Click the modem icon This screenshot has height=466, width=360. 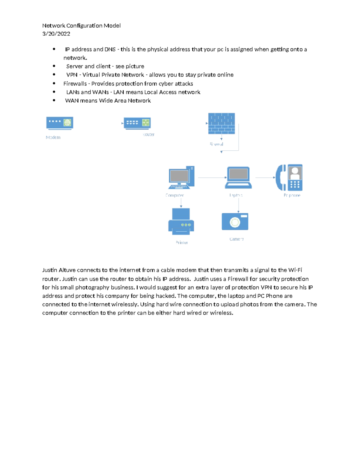click(59, 123)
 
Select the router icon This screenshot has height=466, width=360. click(137, 123)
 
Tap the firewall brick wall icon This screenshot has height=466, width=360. click(221, 123)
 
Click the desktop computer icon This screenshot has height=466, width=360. click(181, 178)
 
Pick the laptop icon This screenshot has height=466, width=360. click(238, 178)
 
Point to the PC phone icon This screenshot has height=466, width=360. click(289, 178)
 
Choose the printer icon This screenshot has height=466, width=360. click(181, 221)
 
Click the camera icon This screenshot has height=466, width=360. click(235, 221)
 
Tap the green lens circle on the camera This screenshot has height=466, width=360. click(235, 222)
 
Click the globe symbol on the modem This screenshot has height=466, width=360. click(67, 122)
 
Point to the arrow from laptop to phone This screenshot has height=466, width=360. click(265, 178)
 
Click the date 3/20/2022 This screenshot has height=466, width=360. click(56, 34)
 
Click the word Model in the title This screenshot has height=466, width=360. click(112, 26)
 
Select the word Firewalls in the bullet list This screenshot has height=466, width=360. click(75, 84)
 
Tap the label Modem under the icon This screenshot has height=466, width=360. click(53, 137)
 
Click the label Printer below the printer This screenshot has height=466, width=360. click(182, 242)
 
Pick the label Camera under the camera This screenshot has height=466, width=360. click(236, 239)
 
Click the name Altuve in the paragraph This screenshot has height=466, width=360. click(67, 270)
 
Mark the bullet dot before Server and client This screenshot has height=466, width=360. click(54, 66)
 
